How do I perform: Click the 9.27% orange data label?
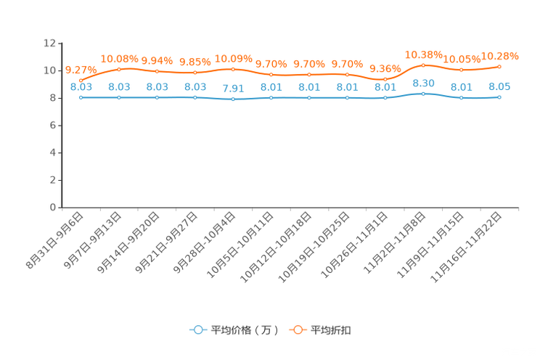[x=81, y=70]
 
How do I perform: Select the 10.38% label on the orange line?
[x=423, y=54]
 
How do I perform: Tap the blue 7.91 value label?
[x=233, y=89]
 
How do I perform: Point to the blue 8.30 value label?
[x=423, y=83]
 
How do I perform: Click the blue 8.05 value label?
[x=499, y=86]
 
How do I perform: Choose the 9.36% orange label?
[x=385, y=68]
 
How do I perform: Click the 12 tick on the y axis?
[x=49, y=43]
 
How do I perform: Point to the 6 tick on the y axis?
[x=53, y=126]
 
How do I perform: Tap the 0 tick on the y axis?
[x=53, y=208]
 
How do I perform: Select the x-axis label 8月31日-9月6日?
[x=54, y=240]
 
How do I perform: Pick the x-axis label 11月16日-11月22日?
[x=466, y=247]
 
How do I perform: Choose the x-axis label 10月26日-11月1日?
[x=354, y=245]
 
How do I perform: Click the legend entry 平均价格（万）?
[x=234, y=330]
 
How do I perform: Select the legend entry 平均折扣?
[x=320, y=330]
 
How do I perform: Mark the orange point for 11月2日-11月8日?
[x=423, y=65]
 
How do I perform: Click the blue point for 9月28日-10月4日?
[x=233, y=99]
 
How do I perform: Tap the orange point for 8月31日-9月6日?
[x=81, y=81]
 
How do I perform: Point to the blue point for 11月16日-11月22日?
[x=499, y=97]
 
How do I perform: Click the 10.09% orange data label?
[x=233, y=59]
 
